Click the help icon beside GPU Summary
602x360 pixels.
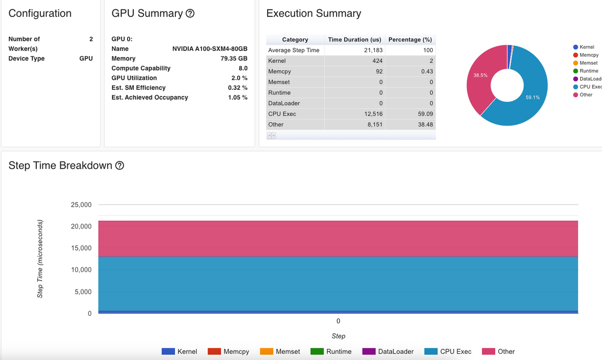(x=190, y=14)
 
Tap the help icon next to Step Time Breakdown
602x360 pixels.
(x=120, y=165)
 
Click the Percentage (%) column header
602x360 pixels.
(x=410, y=39)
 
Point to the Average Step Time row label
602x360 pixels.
(x=293, y=50)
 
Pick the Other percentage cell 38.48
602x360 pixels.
(x=423, y=125)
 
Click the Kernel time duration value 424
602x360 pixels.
(x=377, y=61)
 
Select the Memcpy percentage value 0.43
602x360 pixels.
(x=427, y=71)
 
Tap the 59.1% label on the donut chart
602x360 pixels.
(x=532, y=98)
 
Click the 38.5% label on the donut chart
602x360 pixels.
(x=480, y=75)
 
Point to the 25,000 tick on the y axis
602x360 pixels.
(x=81, y=205)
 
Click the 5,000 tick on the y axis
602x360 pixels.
(x=83, y=292)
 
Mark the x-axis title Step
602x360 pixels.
(x=338, y=336)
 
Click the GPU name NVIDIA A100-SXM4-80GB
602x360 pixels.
(x=210, y=49)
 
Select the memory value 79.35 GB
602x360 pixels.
(x=234, y=59)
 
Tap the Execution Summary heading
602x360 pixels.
(x=314, y=14)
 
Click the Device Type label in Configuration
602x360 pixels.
(x=26, y=59)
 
